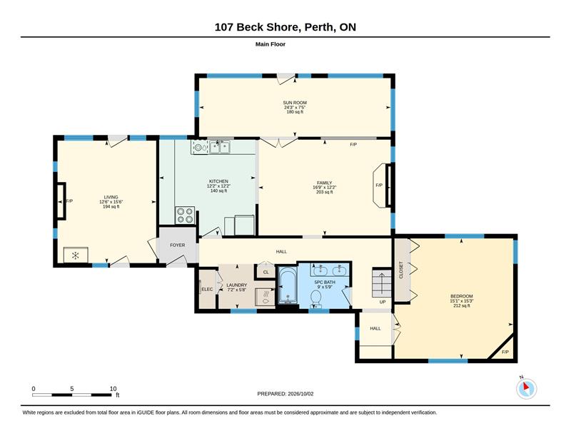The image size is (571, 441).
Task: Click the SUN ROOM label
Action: (x=295, y=103)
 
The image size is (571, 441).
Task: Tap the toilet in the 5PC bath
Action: (x=315, y=300)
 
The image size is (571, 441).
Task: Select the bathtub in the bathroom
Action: (x=288, y=285)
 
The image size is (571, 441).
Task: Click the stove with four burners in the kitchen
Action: (x=185, y=216)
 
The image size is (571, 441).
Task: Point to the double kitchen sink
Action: (x=219, y=147)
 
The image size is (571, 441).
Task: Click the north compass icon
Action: (x=526, y=389)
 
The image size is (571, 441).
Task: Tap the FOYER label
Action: (x=177, y=245)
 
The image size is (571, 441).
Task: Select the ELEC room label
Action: (x=207, y=290)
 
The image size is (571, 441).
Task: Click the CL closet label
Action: (x=266, y=272)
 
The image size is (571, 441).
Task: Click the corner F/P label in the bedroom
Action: (x=505, y=352)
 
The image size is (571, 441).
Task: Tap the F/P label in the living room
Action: (x=69, y=201)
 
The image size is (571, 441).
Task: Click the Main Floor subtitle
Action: (x=271, y=44)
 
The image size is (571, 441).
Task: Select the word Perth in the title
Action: (x=318, y=27)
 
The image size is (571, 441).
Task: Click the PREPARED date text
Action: (x=285, y=394)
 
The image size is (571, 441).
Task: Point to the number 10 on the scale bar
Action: (x=113, y=389)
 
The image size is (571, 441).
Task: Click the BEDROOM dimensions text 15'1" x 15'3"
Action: (x=461, y=301)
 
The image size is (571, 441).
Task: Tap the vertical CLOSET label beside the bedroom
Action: (x=401, y=270)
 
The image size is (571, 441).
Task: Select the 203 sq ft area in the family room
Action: (x=325, y=192)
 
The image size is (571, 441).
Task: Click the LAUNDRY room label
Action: (x=237, y=285)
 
